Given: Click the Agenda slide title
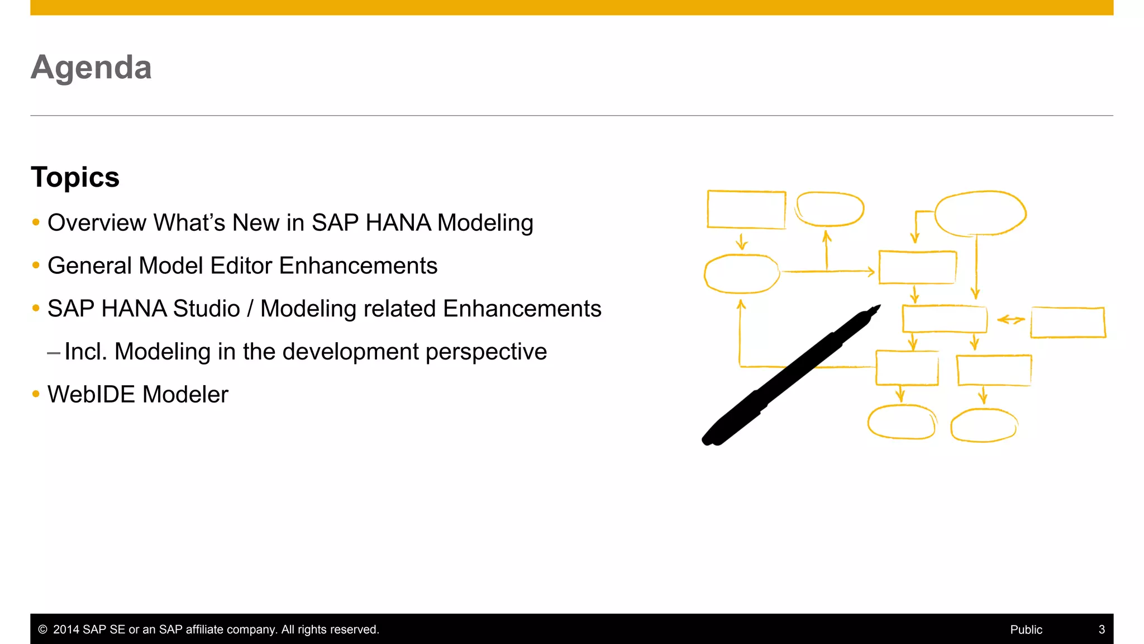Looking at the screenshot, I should [x=91, y=68].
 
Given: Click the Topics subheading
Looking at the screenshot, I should [x=75, y=177].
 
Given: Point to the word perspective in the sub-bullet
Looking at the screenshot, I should [x=486, y=352].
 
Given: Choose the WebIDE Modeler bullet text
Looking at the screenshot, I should [x=138, y=395].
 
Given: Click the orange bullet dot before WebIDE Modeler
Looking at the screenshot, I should [x=36, y=394].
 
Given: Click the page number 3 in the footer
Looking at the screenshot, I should [x=1102, y=629].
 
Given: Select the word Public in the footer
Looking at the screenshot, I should [x=1026, y=629].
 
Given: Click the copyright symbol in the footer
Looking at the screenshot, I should [x=42, y=629].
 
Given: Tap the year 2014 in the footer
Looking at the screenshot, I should [x=66, y=629].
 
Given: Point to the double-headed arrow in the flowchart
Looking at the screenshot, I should [x=1010, y=320].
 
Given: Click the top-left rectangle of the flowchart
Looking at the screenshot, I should [x=746, y=210].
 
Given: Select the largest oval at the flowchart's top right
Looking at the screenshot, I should [x=980, y=213].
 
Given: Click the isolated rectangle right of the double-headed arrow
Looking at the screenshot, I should [x=1068, y=323].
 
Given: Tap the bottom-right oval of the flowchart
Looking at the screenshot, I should [x=984, y=425].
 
